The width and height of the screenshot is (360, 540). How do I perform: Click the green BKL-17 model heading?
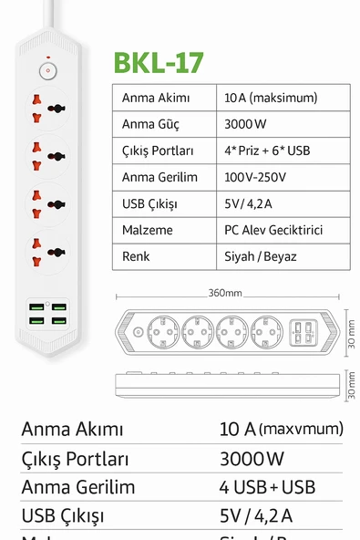coord(159,62)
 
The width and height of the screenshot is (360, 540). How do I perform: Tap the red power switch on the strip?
coord(46,69)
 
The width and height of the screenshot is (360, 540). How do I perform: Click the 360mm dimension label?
coord(224,294)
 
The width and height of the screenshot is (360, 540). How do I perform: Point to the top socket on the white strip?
coord(46,105)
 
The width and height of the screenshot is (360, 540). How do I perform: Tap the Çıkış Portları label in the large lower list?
coord(75,459)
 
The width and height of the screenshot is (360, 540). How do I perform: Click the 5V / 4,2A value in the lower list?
coord(256,516)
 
